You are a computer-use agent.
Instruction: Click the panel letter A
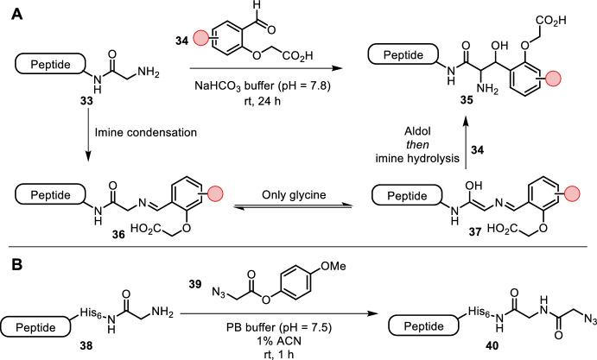[11, 10]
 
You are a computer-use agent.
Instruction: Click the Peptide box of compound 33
[42, 62]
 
